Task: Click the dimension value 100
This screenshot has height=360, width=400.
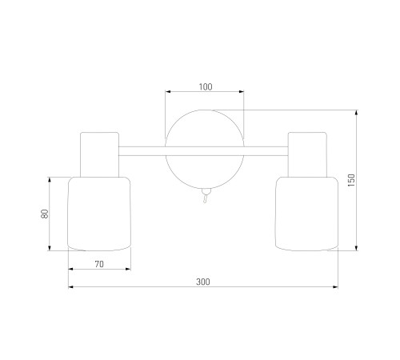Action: tap(206, 87)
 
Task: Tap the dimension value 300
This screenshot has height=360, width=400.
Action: tap(203, 282)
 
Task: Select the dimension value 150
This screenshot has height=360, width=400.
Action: tap(352, 180)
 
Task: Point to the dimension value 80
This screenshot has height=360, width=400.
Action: tap(45, 214)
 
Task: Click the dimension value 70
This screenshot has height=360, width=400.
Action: tap(99, 264)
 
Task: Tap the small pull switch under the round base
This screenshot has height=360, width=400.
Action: tap(206, 195)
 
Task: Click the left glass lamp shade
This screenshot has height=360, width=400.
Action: tap(99, 214)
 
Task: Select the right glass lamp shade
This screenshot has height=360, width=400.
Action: tap(306, 214)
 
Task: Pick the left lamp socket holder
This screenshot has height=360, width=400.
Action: tap(99, 154)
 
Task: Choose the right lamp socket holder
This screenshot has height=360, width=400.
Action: tap(307, 154)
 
